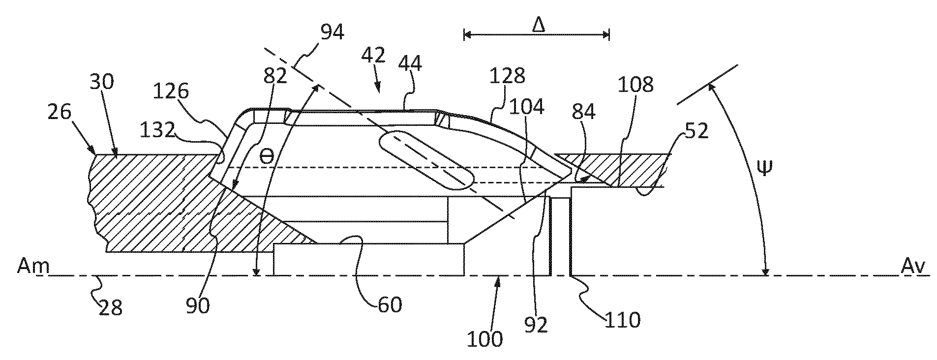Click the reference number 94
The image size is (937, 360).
tap(332, 32)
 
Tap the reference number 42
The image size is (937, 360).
tap(373, 56)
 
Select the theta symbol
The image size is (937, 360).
tap(266, 157)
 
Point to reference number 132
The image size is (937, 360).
tap(157, 130)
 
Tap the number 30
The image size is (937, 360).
tap(102, 82)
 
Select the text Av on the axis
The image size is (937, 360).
tap(913, 266)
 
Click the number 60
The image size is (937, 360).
tap(390, 304)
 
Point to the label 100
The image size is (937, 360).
tap(485, 339)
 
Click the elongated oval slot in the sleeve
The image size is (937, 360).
tap(426, 160)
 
